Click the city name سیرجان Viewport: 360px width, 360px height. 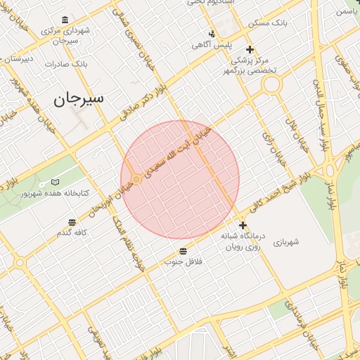(78, 98)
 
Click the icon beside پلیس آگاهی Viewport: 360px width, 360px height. (212, 33)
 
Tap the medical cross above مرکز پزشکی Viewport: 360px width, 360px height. (250, 49)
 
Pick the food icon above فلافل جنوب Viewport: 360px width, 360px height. (183, 251)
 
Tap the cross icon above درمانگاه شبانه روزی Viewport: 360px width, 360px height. (243, 226)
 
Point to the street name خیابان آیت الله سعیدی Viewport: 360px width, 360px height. (177, 152)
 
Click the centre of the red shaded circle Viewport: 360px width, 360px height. (180, 180)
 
